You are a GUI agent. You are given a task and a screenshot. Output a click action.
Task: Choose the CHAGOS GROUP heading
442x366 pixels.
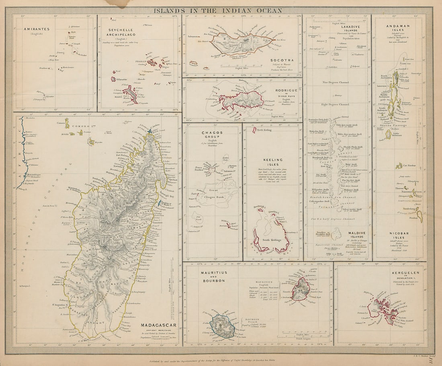[x=213, y=135]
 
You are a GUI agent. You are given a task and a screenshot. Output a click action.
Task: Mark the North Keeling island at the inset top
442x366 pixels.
[x=254, y=130]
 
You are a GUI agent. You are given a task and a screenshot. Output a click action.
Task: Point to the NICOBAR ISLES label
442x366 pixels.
[x=398, y=235]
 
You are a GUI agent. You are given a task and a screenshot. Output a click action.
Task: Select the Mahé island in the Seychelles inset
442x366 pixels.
[x=131, y=93]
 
